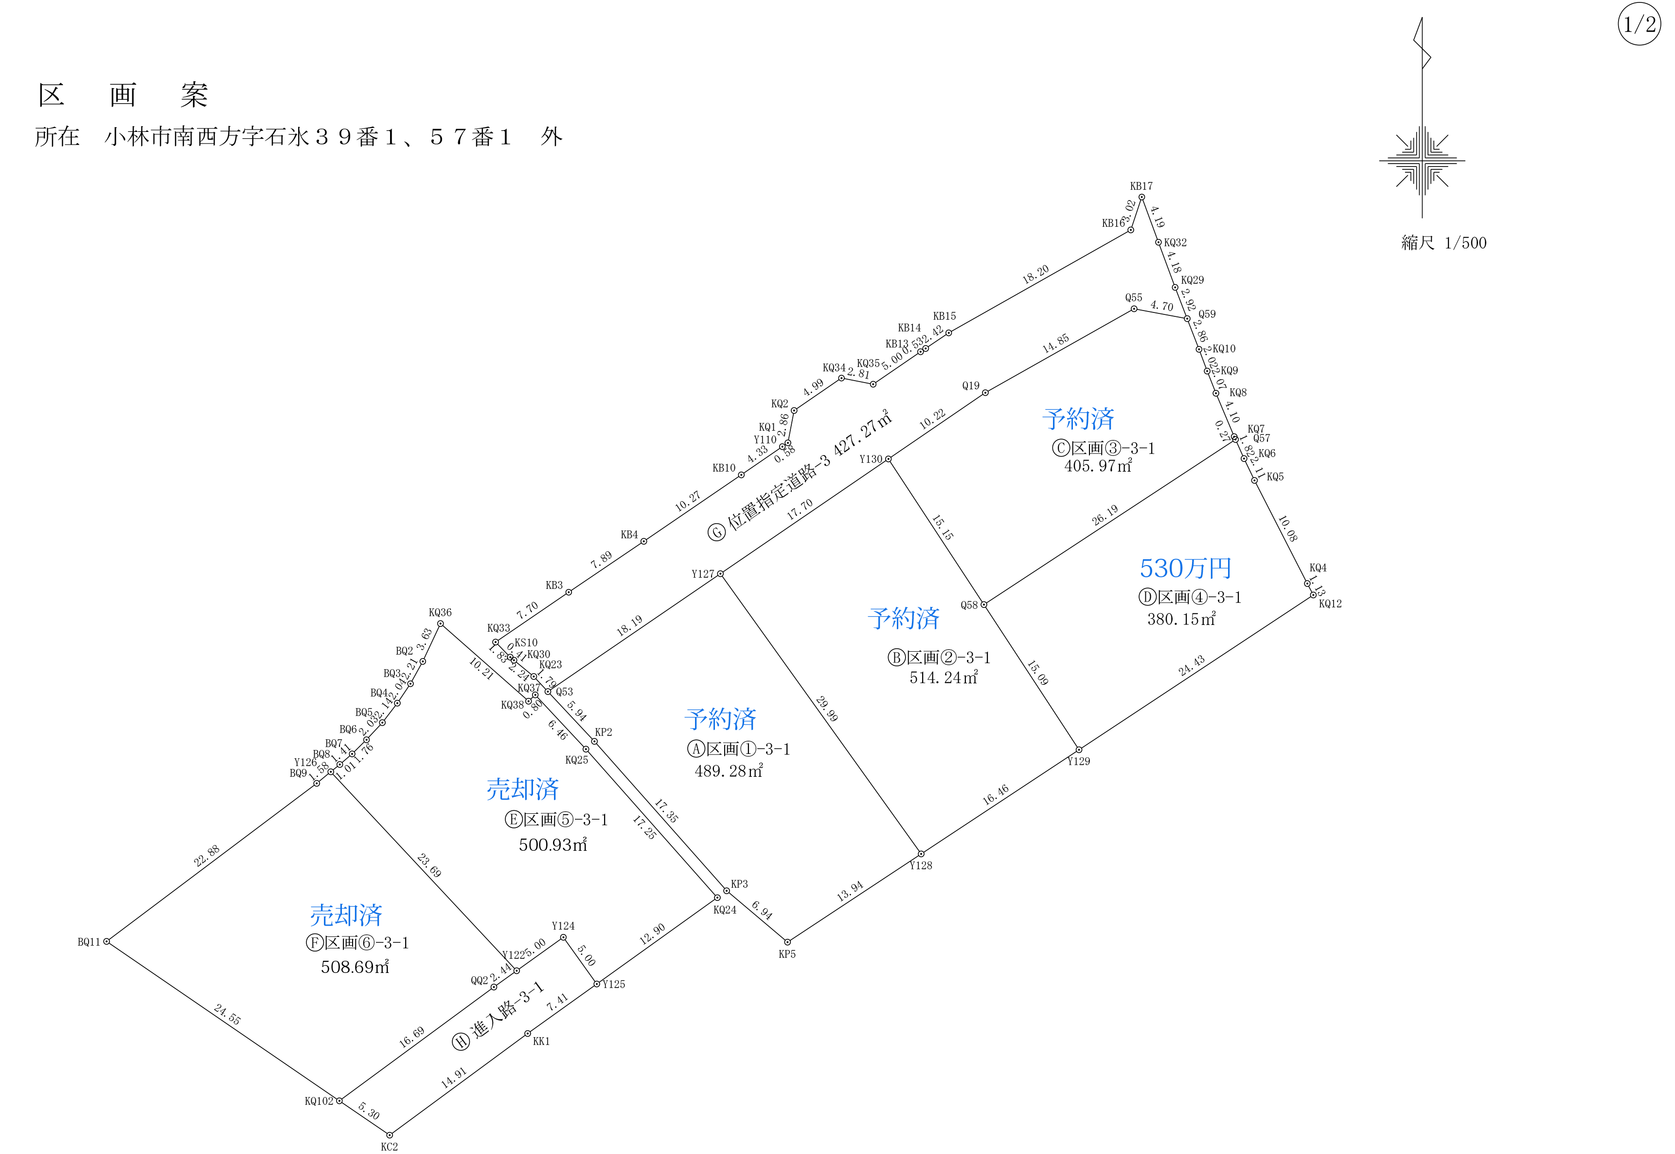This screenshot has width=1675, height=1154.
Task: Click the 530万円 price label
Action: point(1185,568)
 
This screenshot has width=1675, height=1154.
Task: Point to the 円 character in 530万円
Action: point(1220,568)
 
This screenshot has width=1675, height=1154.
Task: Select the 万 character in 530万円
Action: point(1196,568)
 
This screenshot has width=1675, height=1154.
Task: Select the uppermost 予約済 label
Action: point(1078,419)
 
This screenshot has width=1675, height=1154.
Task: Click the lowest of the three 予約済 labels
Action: point(720,719)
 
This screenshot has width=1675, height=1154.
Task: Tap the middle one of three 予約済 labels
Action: point(903,618)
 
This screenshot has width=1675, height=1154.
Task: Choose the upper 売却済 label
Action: point(522,789)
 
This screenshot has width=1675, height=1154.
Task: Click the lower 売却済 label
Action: point(346,916)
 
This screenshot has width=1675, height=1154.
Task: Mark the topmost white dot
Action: point(1142,197)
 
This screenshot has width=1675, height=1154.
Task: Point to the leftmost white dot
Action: point(106,941)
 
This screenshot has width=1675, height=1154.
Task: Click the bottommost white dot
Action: point(390,1135)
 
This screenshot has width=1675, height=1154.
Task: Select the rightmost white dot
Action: point(1313,595)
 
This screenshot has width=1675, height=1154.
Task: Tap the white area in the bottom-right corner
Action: point(1337,1078)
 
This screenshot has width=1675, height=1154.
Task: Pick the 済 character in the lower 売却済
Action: point(371,916)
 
